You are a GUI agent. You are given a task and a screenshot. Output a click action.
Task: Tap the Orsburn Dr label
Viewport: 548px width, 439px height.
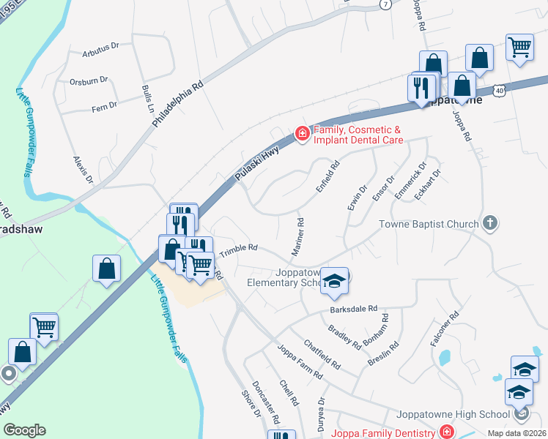click(89, 82)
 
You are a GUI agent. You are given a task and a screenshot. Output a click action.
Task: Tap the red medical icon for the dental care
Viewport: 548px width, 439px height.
click(301, 133)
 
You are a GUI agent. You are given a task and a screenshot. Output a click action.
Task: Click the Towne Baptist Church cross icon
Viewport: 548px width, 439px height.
click(490, 223)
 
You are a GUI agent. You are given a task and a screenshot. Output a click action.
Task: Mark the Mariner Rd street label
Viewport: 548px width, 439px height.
click(297, 236)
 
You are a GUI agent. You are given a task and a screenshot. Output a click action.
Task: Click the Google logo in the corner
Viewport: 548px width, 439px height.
click(24, 429)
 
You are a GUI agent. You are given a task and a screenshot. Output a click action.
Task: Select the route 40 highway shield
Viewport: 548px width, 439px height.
click(499, 89)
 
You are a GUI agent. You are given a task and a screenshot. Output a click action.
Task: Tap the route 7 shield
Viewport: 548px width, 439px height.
click(385, 4)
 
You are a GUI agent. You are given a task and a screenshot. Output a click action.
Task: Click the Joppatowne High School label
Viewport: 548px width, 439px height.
click(453, 414)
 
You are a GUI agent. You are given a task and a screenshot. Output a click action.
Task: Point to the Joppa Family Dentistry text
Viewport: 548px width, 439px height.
click(384, 432)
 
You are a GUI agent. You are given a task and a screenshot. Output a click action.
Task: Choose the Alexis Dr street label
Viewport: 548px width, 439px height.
click(83, 169)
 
